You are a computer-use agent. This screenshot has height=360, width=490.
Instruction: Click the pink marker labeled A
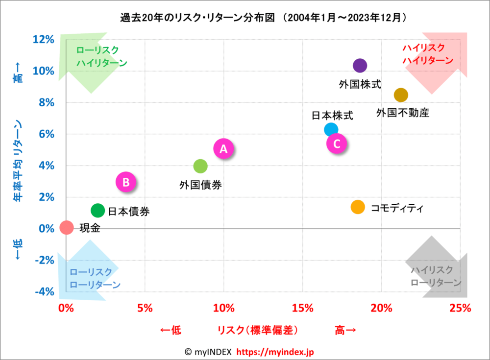coord(223,149)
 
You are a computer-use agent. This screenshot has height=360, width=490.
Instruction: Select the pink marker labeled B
coord(126,182)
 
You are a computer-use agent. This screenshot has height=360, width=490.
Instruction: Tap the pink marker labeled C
coord(337,144)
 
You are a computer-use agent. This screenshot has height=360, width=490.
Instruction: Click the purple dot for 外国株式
coord(360,66)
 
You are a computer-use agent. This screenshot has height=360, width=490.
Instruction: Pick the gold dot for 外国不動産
coord(401,95)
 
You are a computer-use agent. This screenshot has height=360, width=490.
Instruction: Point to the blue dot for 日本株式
coord(331,130)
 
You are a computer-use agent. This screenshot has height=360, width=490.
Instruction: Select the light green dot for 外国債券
coord(200,166)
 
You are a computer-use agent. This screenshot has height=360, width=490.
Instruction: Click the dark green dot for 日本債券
coord(98,211)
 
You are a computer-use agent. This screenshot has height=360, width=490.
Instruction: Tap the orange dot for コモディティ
coord(358,207)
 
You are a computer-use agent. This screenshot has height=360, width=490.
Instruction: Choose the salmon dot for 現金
coord(67,227)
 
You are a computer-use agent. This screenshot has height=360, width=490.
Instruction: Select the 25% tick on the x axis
coord(460,308)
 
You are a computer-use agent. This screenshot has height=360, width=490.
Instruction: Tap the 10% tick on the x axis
coord(223,308)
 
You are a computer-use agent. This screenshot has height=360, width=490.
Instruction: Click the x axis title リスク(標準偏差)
coord(258,331)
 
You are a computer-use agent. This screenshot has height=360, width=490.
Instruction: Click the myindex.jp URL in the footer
coord(282,352)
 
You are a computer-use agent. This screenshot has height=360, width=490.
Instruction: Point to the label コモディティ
coord(396,208)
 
